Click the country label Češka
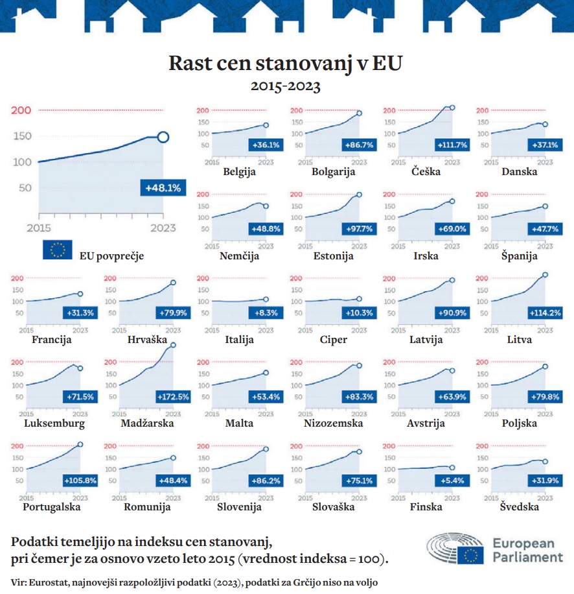(426, 172)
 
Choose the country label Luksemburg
(54, 423)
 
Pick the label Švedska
(519, 506)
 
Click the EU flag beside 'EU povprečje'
(57, 250)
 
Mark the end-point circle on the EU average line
(163, 137)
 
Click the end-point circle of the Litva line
(545, 275)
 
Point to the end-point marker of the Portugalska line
(80, 444)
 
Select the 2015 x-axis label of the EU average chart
(39, 228)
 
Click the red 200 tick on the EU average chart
(21, 110)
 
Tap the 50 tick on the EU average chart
(25, 188)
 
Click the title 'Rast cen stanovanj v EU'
(286, 64)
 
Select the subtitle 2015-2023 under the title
(286, 86)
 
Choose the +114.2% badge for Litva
(541, 313)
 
